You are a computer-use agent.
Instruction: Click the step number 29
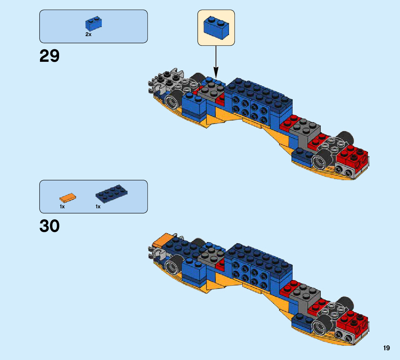coord(49,56)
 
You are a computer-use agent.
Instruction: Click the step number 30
coord(49,226)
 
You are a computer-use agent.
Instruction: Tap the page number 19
coord(386,348)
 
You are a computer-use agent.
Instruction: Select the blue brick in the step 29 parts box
coord(93,24)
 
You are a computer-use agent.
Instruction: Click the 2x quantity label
coord(89,34)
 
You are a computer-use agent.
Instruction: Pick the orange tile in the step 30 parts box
coord(68,198)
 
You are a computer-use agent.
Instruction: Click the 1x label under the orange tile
coord(62,207)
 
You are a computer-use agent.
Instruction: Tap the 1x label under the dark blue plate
coord(98,207)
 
